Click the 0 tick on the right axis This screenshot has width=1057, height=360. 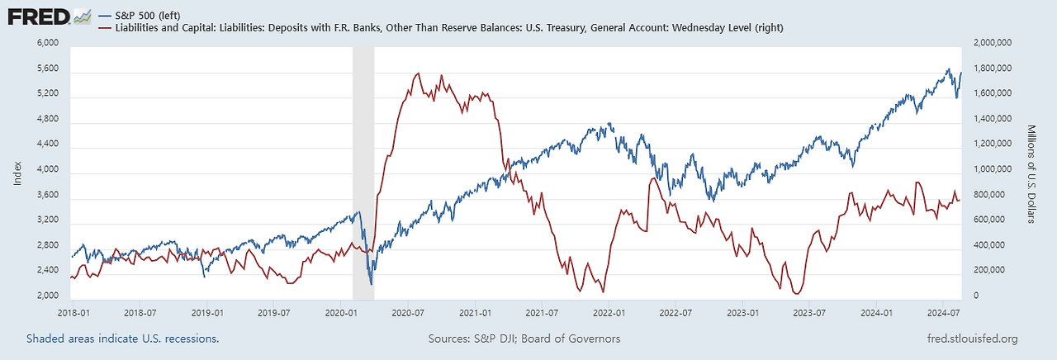click(x=977, y=296)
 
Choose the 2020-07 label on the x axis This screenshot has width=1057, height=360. click(x=407, y=314)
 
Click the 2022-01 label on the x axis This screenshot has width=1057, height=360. click(x=608, y=314)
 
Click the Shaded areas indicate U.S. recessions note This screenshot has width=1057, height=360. click(x=122, y=339)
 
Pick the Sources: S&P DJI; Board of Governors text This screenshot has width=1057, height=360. click(x=524, y=339)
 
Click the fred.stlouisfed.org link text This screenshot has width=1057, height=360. click(x=973, y=339)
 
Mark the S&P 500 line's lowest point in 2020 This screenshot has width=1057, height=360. click(x=372, y=285)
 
